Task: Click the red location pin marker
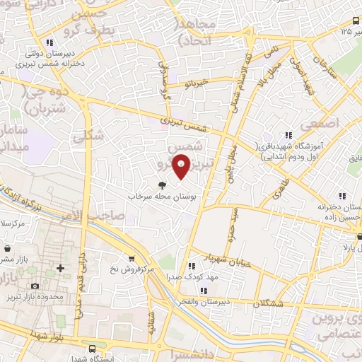coord(181,165)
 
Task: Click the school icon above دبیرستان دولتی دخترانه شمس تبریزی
coord(49,42)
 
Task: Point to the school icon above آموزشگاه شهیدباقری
coord(287,135)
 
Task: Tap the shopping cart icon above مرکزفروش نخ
coord(131,259)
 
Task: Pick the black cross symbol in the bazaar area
coord(60,268)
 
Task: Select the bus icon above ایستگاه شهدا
coord(93,349)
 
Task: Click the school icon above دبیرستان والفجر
coord(203,291)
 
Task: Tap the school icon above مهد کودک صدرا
coord(190,266)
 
